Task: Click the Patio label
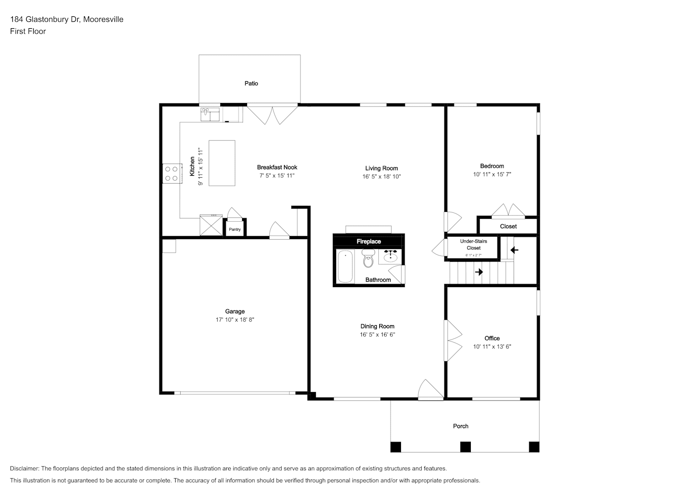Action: tap(251, 84)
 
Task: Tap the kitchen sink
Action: tap(210, 114)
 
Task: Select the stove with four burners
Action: tap(172, 173)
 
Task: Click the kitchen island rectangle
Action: tap(222, 163)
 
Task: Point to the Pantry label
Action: tap(235, 229)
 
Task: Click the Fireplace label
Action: tap(369, 242)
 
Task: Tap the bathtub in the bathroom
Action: tap(346, 266)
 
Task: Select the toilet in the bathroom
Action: tap(368, 258)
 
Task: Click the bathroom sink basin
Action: tap(390, 257)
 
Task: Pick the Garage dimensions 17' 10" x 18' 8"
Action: tap(235, 320)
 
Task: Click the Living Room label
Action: tap(382, 168)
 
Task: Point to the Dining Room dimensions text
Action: tap(377, 335)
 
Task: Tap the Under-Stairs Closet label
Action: tap(473, 245)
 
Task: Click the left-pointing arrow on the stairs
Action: tap(514, 250)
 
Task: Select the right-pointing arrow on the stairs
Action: tap(479, 272)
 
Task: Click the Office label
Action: tap(492, 339)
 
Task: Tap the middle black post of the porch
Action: tap(465, 446)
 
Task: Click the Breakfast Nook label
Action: tap(277, 167)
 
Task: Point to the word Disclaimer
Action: tap(25, 468)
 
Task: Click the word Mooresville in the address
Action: tap(103, 19)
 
